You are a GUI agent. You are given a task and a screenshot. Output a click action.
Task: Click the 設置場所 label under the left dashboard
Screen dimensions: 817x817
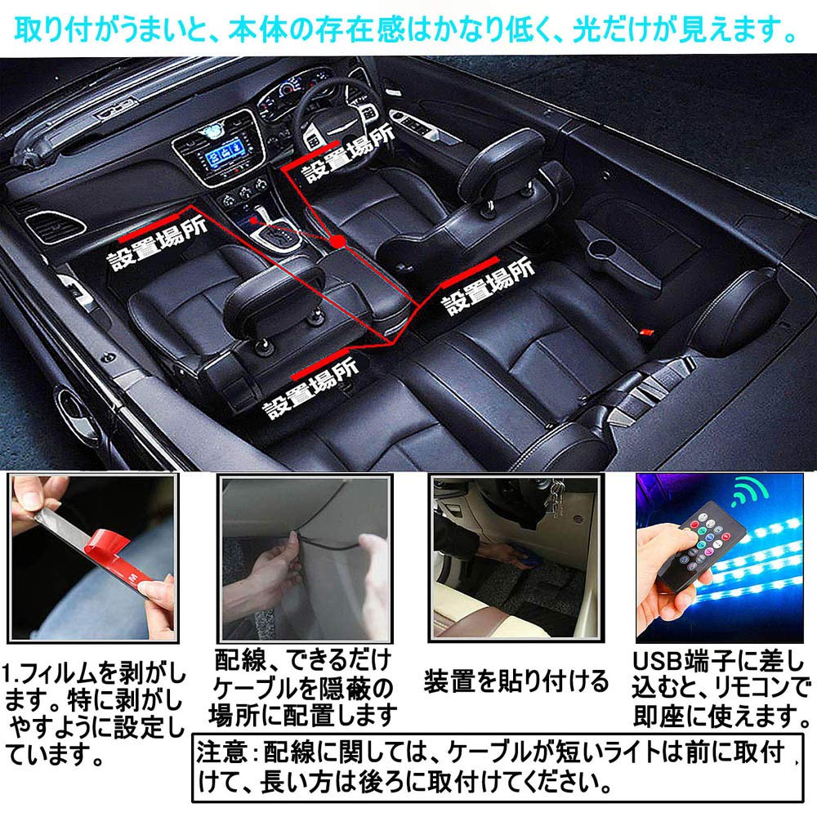155,254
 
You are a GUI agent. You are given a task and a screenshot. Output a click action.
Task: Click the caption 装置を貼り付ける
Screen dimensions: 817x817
516,680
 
